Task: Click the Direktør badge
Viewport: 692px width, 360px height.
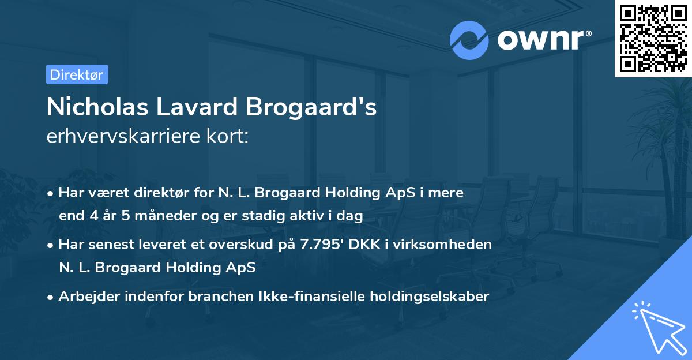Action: [77, 74]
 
